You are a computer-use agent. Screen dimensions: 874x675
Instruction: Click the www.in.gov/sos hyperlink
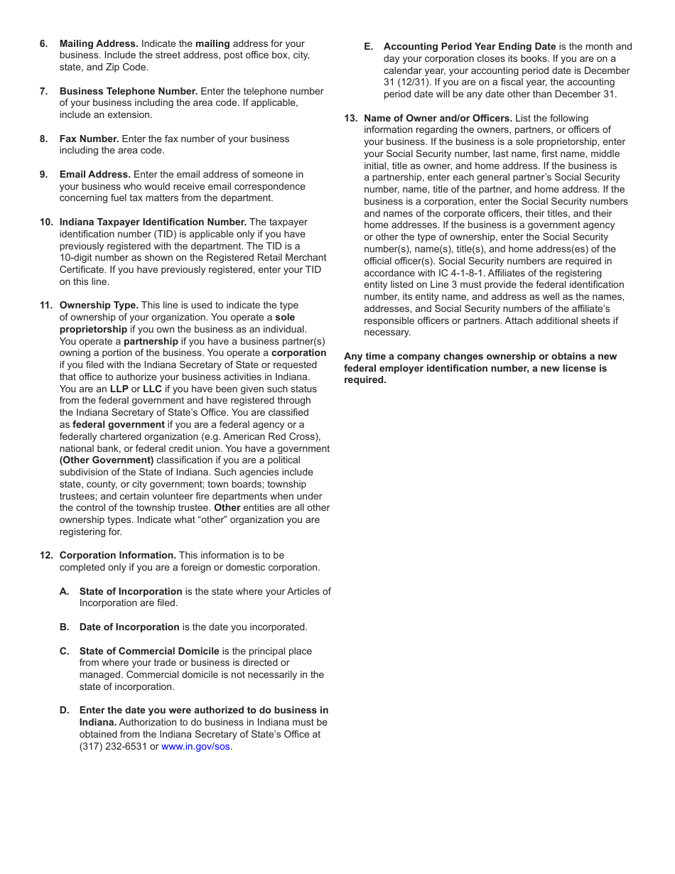coord(196,747)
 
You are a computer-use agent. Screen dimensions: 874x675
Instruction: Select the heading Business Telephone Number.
coord(129,92)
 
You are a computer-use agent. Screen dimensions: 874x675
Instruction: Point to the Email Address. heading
coord(95,175)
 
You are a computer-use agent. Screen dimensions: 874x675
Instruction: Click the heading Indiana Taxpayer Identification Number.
coord(153,222)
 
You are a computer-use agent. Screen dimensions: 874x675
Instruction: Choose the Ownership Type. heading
coord(99,306)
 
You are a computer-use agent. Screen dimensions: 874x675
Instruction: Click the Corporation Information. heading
coord(118,556)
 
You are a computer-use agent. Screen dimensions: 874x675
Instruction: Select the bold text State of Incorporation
coord(131,592)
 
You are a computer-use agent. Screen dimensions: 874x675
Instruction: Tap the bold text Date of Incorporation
coord(129,627)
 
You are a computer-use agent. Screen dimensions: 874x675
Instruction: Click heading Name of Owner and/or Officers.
coord(438,119)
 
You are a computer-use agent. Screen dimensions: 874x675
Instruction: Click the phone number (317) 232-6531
coord(113,747)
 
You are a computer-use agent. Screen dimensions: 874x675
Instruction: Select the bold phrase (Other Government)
coord(107,460)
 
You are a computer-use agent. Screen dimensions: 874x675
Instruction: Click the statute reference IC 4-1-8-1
coord(458,274)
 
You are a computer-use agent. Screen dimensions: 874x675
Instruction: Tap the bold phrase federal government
coord(118,425)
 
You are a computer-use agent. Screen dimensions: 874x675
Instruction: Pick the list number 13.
coord(350,119)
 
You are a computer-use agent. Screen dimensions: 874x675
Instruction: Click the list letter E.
coord(368,47)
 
